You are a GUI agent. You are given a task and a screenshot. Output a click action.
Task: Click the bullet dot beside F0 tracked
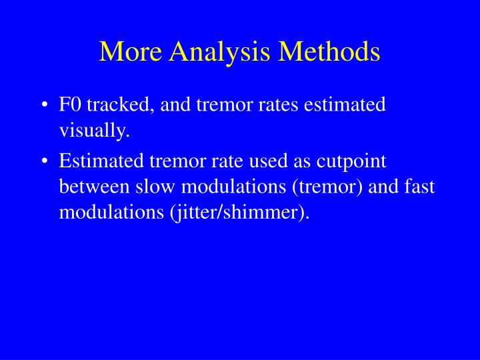coord(44,106)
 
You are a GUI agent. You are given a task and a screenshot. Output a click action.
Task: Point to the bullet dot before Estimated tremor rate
coord(44,162)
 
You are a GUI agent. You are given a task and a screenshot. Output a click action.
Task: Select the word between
coord(92,187)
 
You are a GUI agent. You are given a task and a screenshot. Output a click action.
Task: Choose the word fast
coord(418,187)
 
